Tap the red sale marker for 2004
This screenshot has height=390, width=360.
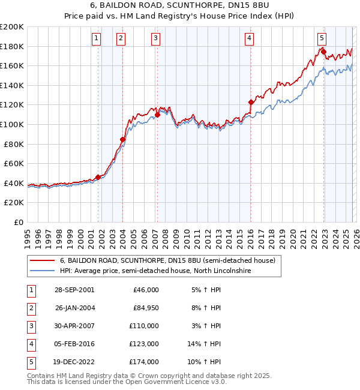pyautogui.click(x=122, y=139)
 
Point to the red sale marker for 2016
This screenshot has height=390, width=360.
pyautogui.click(x=250, y=102)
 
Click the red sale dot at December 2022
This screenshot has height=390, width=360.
pyautogui.click(x=323, y=52)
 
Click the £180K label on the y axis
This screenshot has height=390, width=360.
pyautogui.click(x=12, y=46)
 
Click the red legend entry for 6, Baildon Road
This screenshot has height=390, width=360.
pyautogui.click(x=167, y=261)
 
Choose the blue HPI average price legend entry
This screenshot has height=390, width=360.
pyautogui.click(x=154, y=271)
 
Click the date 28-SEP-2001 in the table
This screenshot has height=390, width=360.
pyautogui.click(x=74, y=290)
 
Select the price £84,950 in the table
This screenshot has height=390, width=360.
pyautogui.click(x=144, y=308)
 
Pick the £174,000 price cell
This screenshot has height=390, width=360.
pyautogui.click(x=144, y=362)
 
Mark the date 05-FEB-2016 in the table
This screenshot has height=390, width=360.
pyautogui.click(x=74, y=344)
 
